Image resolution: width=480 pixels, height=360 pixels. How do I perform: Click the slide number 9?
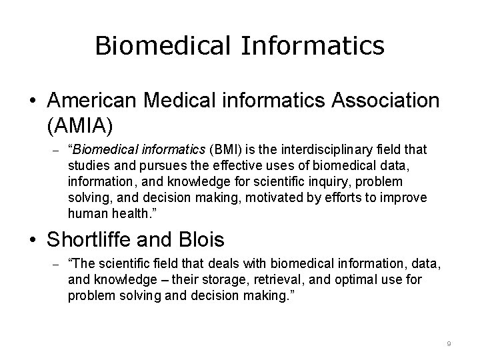click(x=449, y=343)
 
